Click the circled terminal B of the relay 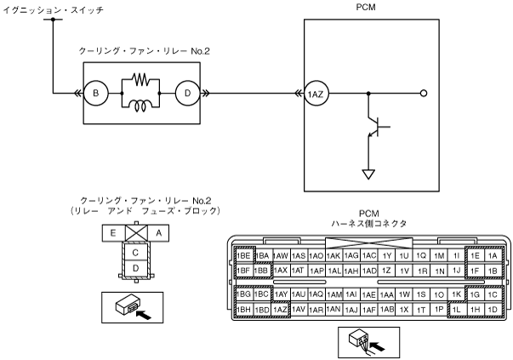(97, 94)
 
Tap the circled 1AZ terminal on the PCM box (316, 94)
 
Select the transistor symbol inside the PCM (375, 128)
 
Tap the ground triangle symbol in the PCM (368, 174)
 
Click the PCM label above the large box (368, 7)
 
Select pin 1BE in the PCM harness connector (244, 255)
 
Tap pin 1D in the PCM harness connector (492, 309)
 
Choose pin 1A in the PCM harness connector (492, 255)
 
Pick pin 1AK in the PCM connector (333, 255)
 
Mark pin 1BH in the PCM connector (244, 309)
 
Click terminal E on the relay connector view (111, 231)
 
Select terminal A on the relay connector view (157, 231)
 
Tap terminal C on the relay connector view (134, 252)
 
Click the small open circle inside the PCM (424, 94)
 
